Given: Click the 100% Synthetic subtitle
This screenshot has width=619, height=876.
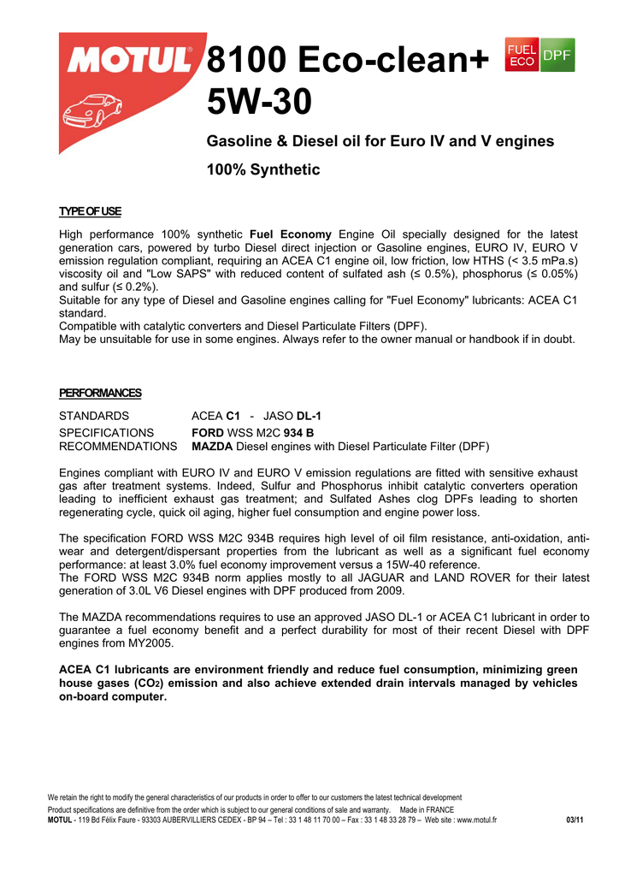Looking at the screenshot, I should click(x=263, y=169).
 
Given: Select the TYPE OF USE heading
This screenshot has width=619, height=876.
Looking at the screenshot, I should click(x=90, y=211).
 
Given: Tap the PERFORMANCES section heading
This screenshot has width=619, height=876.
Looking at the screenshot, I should click(x=100, y=393).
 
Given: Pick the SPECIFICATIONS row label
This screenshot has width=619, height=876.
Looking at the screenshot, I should click(x=106, y=433).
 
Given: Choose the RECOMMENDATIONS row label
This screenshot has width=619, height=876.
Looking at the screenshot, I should click(x=118, y=447).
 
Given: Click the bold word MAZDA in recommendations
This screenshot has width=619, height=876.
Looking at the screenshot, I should click(x=212, y=447).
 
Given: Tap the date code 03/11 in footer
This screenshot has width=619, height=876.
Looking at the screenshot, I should click(x=575, y=820).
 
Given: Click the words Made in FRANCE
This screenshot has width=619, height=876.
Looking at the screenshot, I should click(x=427, y=809).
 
